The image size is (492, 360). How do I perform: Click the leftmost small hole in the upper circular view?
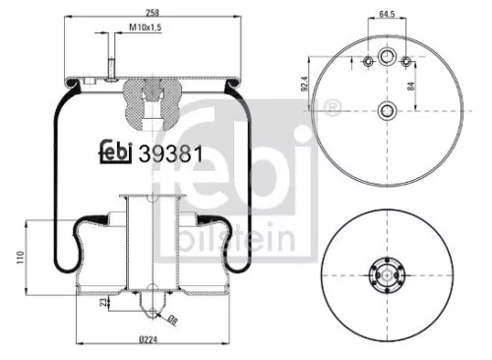click(367, 63)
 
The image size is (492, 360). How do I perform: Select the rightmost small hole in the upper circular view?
click(406, 63)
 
